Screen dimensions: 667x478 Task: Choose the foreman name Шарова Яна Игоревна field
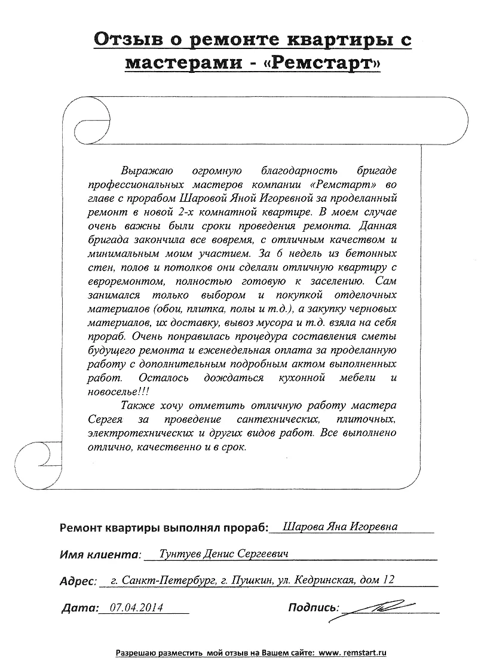pyautogui.click(x=340, y=527)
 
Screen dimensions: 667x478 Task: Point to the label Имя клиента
pyautogui.click(x=100, y=555)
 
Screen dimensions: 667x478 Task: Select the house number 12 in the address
pyautogui.click(x=388, y=580)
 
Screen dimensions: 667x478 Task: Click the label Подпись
pyautogui.click(x=312, y=608)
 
